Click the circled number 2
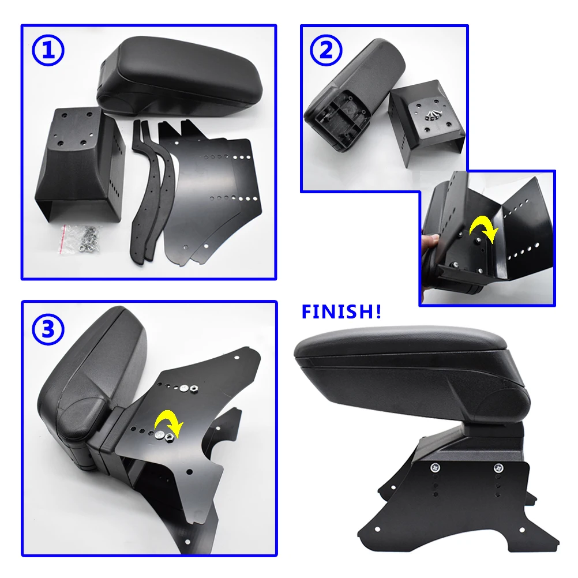click(x=326, y=51)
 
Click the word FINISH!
click(x=341, y=312)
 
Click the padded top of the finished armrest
click(x=404, y=343)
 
